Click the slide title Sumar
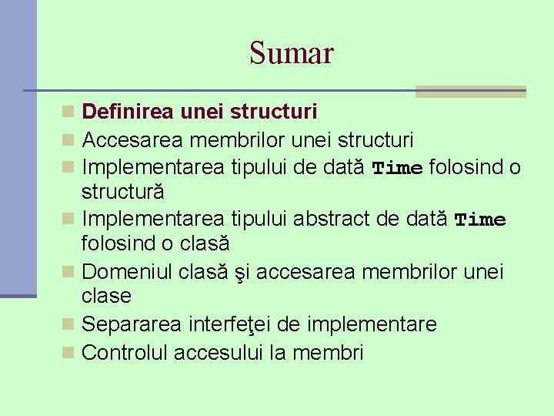pyautogui.click(x=291, y=53)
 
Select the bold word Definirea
pyautogui.click(x=128, y=112)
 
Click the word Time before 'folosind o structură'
pyautogui.click(x=397, y=168)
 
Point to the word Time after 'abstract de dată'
pyautogui.click(x=480, y=220)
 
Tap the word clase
pyautogui.click(x=106, y=296)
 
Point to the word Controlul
pyautogui.click(x=125, y=353)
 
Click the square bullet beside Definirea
pyautogui.click(x=69, y=112)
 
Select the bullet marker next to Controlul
pyautogui.click(x=69, y=353)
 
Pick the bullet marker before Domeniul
pyautogui.click(x=69, y=272)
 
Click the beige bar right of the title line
pyautogui.click(x=470, y=92)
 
